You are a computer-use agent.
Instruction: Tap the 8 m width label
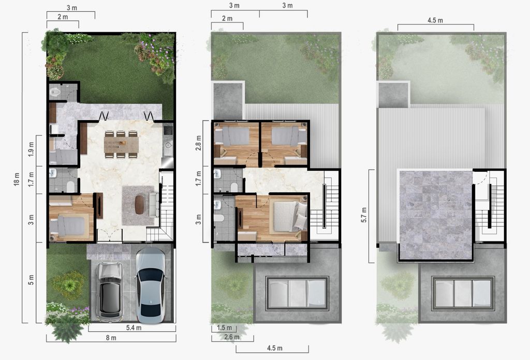[x=111, y=338]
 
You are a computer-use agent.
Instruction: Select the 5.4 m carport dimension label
[x=134, y=327]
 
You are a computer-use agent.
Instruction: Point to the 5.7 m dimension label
[x=364, y=215]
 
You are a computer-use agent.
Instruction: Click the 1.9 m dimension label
[x=32, y=148]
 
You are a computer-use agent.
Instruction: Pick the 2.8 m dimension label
[x=199, y=143]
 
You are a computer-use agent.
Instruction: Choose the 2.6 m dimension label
[x=231, y=337]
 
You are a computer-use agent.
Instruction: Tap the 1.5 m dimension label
[x=225, y=327]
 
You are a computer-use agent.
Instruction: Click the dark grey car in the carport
[x=110, y=291]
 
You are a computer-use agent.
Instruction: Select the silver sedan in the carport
[x=151, y=286]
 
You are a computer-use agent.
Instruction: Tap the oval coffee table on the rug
[x=139, y=205]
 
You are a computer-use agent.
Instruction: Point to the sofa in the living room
[x=154, y=205]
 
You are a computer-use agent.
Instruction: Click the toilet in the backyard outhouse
[x=55, y=92]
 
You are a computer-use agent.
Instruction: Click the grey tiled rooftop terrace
[x=436, y=215]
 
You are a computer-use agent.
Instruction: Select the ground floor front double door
[x=110, y=235]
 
